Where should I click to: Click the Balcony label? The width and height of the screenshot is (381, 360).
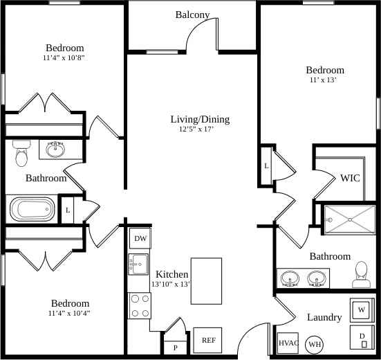tap(192, 15)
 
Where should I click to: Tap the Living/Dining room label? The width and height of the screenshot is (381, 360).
tap(200, 119)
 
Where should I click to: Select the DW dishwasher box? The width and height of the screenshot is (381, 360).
tap(140, 239)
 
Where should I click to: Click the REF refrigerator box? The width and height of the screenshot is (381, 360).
tap(207, 340)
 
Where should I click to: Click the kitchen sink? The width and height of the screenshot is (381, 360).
tap(139, 264)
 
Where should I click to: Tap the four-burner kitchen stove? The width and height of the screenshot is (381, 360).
tap(140, 305)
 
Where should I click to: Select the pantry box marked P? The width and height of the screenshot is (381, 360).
tap(175, 347)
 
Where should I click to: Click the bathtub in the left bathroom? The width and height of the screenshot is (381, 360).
tap(31, 208)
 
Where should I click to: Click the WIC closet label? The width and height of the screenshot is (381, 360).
tap(350, 178)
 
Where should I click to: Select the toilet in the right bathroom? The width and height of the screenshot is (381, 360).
tap(360, 275)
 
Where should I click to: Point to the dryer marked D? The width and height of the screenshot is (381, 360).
tap(362, 339)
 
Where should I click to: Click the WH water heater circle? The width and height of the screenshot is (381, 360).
tap(315, 344)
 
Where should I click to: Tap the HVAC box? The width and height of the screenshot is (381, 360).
tap(288, 343)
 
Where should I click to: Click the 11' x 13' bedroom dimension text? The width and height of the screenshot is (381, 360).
tap(324, 80)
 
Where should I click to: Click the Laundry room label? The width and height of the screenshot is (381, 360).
tap(324, 317)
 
